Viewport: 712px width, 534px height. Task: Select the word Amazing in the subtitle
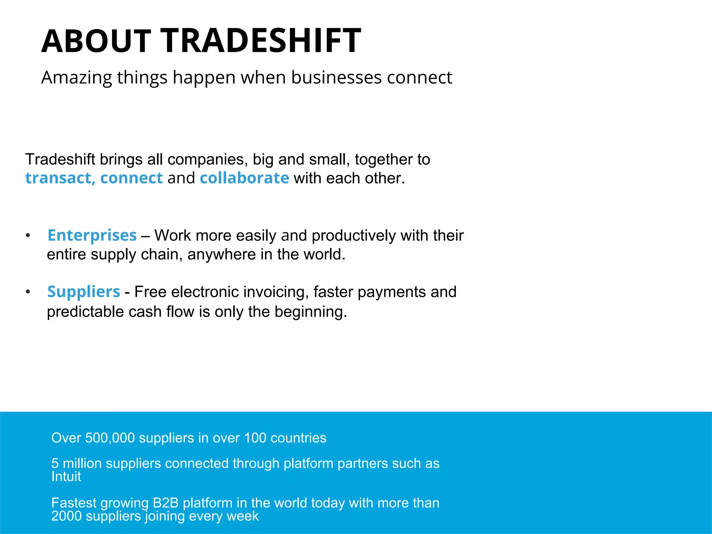click(x=76, y=78)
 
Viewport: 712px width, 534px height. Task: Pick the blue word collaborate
click(x=244, y=178)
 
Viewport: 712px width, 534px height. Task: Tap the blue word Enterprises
click(x=92, y=235)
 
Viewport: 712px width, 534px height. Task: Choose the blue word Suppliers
click(x=84, y=292)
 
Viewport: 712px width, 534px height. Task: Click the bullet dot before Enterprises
click(x=28, y=236)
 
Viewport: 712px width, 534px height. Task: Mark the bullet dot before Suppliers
click(x=28, y=292)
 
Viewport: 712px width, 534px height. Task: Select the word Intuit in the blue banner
click(x=66, y=477)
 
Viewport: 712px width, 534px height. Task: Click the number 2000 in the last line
click(x=66, y=516)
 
